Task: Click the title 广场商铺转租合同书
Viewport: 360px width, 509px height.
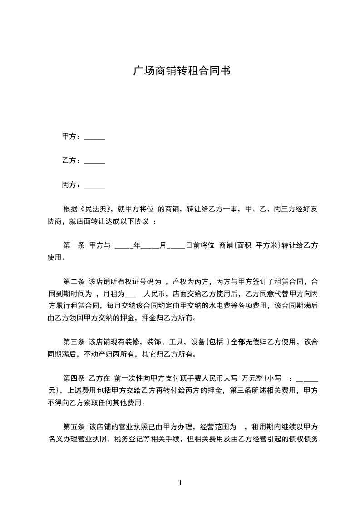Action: [x=180, y=71]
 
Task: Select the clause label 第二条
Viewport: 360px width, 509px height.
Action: [x=74, y=282]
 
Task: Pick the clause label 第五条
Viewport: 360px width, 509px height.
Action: [x=74, y=427]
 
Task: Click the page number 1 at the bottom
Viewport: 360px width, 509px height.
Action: [x=180, y=484]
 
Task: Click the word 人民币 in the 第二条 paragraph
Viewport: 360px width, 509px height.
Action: [x=154, y=294]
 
